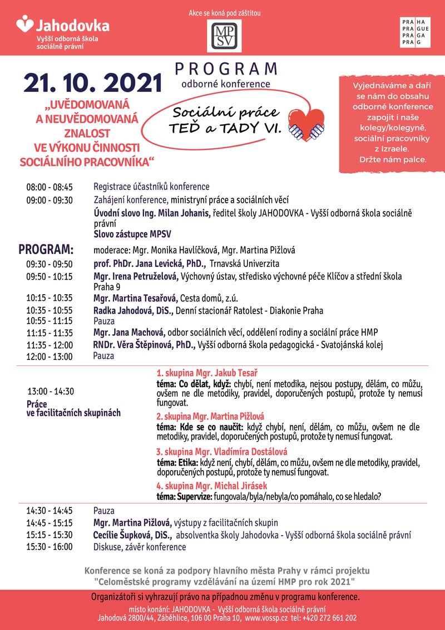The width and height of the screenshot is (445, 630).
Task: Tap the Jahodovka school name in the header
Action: coord(72,26)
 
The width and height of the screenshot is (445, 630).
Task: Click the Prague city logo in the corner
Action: coord(414,32)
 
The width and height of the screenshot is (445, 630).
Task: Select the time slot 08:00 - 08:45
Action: coord(50,187)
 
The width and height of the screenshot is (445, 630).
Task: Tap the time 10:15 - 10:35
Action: coord(50,299)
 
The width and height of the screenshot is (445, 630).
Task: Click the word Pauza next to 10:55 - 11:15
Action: coord(104,321)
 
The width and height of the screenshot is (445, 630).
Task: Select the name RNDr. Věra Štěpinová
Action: coord(144,345)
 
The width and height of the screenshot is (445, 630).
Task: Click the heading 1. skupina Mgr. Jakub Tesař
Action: coord(210,373)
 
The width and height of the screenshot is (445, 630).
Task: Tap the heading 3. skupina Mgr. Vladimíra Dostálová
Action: coord(221,451)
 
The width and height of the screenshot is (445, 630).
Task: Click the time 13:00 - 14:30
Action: coord(51,391)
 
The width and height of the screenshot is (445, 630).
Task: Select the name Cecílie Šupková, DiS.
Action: coord(132,535)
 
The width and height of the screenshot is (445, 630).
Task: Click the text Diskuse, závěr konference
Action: coord(140,547)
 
